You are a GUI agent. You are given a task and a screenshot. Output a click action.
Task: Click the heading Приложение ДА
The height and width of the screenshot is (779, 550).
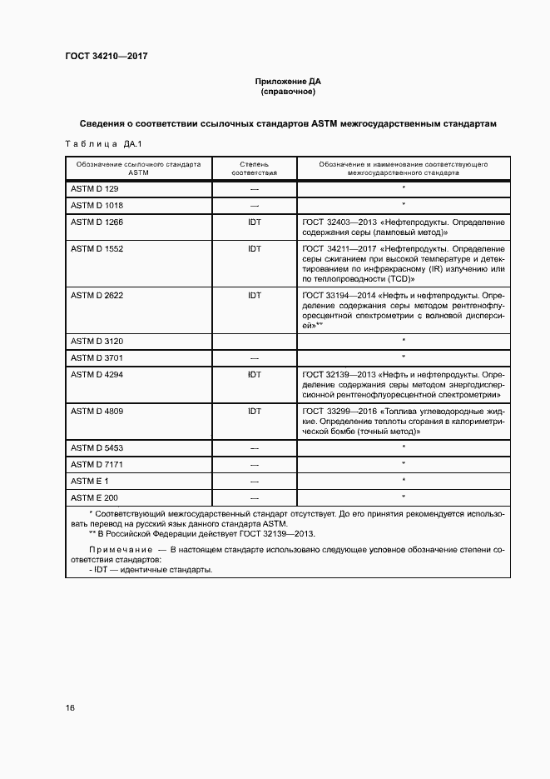287,82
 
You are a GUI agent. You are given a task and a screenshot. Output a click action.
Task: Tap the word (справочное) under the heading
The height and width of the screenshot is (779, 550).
287,92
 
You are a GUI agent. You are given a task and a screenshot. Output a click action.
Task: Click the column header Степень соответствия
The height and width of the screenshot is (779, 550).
255,170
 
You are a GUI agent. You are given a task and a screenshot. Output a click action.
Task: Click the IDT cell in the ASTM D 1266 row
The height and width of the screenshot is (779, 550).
255,222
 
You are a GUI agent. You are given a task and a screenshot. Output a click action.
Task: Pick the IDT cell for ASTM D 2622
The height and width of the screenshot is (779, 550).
255,295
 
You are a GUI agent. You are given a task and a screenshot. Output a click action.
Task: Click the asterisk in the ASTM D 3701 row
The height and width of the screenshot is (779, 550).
404,357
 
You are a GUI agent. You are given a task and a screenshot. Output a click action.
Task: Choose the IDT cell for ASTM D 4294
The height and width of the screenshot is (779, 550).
255,375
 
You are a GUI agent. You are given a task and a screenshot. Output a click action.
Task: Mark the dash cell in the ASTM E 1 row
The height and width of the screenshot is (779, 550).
255,481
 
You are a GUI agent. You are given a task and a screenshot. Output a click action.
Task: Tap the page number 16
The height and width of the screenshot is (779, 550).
71,708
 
